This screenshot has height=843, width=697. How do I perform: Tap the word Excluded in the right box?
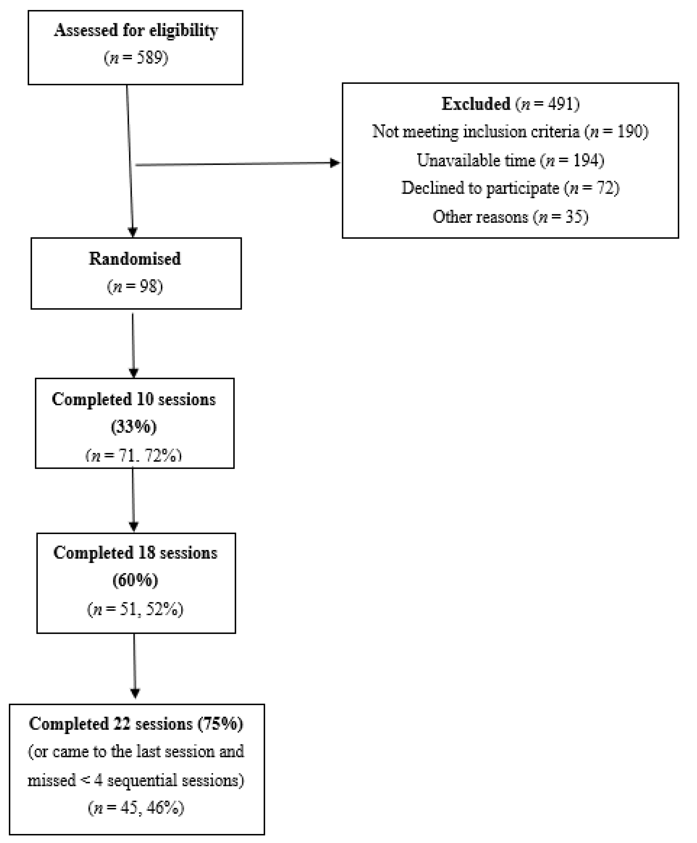(476, 104)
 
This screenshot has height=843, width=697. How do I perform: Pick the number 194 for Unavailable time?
(587, 160)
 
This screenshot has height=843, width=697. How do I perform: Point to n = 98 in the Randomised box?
(135, 286)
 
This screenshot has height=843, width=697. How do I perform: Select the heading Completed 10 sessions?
(134, 399)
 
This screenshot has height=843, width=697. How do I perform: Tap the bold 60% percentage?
(135, 580)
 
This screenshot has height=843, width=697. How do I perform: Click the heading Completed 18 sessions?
(135, 553)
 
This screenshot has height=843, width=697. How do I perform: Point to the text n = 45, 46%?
(136, 808)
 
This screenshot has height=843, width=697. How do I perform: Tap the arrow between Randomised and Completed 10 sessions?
(133, 345)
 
